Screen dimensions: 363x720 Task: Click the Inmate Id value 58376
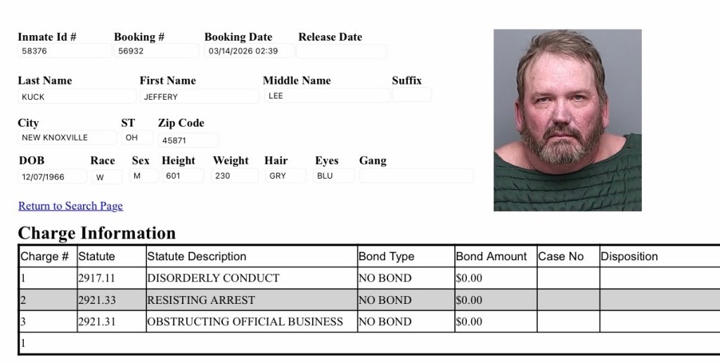pyautogui.click(x=63, y=51)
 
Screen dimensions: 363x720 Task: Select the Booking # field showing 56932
pyautogui.click(x=155, y=51)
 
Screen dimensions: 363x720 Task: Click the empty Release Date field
pyautogui.click(x=342, y=51)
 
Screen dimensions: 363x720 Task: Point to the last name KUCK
pyautogui.click(x=76, y=96)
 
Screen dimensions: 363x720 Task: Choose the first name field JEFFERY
pyautogui.click(x=199, y=96)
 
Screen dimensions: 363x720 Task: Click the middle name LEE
pyautogui.click(x=326, y=96)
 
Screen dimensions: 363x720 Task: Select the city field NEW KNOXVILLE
pyautogui.click(x=67, y=138)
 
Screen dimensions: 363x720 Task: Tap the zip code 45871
pyautogui.click(x=188, y=140)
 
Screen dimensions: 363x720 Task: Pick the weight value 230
pyautogui.click(x=234, y=176)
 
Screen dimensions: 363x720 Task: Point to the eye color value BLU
pyautogui.click(x=333, y=176)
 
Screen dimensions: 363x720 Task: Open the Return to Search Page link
pyautogui.click(x=70, y=206)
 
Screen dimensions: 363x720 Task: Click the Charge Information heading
pyautogui.click(x=96, y=233)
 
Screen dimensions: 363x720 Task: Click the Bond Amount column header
pyautogui.click(x=491, y=256)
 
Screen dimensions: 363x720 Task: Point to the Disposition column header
pyautogui.click(x=629, y=256)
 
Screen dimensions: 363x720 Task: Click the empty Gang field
pyautogui.click(x=416, y=176)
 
